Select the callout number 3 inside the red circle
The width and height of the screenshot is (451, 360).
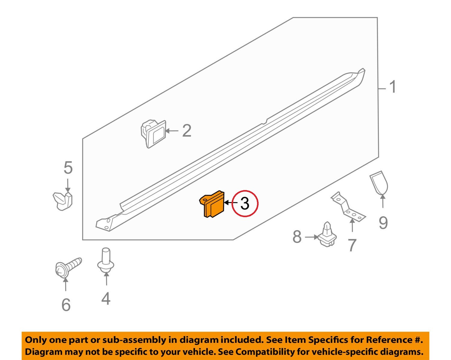[x=245, y=204]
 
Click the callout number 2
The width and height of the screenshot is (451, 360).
[x=187, y=131]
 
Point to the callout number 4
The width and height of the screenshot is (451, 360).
[x=106, y=299]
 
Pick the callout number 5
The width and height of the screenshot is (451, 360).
[x=68, y=168]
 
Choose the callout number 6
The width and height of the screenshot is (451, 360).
[x=66, y=305]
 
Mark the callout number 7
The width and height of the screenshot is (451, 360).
[x=352, y=245]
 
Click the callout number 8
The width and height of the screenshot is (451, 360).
[x=297, y=237]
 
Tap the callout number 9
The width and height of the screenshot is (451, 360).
[x=383, y=223]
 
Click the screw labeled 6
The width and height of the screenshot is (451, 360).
[x=67, y=267]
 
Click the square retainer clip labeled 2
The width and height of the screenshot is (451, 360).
[x=153, y=134]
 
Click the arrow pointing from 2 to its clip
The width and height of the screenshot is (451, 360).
[x=172, y=131]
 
